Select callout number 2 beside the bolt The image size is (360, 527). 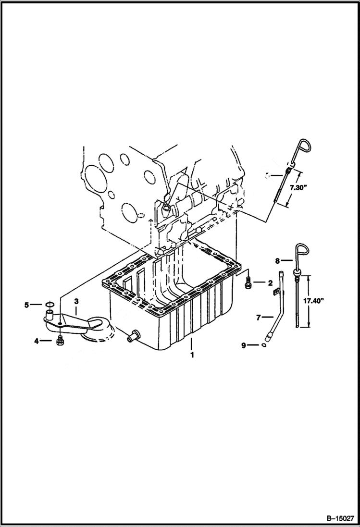point(270,283)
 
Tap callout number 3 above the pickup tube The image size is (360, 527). point(75,301)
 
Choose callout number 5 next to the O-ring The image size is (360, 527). point(27,305)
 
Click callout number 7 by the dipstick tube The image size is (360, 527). point(258,318)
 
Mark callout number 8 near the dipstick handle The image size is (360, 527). point(277,261)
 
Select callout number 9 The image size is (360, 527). point(244,345)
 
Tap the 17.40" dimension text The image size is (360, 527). point(314,301)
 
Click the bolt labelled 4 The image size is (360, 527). point(60,341)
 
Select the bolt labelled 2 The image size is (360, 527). point(248,284)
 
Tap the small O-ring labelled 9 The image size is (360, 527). point(264,344)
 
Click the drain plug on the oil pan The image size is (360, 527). point(131,338)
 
